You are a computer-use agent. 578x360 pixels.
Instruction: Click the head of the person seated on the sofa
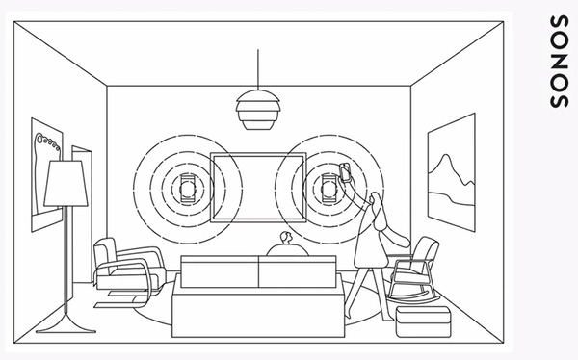tap(283, 239)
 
